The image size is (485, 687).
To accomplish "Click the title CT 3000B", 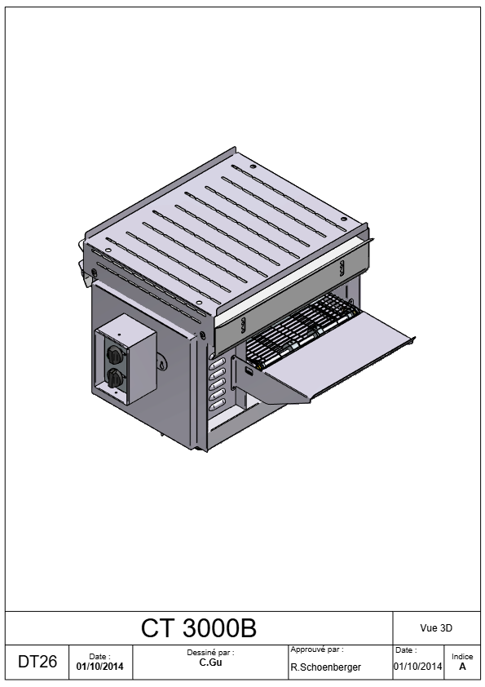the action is (198, 628).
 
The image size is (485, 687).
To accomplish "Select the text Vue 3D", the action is (436, 628).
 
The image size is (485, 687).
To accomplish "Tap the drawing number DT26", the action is (37, 662).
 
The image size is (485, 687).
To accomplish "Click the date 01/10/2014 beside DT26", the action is (99, 667).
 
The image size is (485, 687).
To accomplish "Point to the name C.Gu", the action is (210, 663).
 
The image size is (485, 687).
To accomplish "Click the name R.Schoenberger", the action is (326, 667).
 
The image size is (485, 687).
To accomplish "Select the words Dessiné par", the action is (210, 653).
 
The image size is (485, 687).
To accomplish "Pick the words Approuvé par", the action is (317, 649).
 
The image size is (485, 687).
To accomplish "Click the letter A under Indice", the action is (462, 667).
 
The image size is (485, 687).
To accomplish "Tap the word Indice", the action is (462, 656).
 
